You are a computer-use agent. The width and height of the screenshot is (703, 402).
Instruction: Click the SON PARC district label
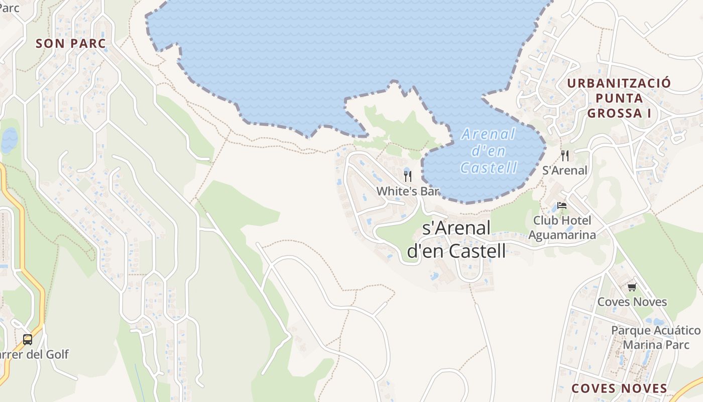coord(71,44)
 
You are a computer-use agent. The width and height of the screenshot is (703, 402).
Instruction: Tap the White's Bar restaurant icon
coord(408,176)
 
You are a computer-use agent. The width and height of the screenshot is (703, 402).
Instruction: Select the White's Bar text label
coord(408,191)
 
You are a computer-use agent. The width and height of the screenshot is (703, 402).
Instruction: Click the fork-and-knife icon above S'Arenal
coord(565,156)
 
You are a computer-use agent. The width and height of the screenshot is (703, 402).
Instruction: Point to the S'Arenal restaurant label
coord(565,170)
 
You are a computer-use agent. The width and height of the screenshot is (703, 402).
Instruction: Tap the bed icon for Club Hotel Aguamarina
coord(562,206)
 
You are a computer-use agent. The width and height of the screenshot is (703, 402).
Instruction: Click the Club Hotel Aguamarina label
coord(562,228)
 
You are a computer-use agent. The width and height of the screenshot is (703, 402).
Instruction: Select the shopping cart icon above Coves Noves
coord(632,287)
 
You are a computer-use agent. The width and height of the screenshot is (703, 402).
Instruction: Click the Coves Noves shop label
coord(632,302)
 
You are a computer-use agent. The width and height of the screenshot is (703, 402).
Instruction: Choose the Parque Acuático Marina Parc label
coord(655,338)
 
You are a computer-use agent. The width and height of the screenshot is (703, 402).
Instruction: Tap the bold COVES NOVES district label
coord(620,388)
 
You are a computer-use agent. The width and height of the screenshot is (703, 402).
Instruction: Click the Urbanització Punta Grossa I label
coord(619,98)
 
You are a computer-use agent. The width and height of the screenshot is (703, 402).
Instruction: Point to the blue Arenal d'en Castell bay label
coord(488,151)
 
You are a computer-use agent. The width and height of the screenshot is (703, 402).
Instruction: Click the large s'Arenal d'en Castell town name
coord(456,239)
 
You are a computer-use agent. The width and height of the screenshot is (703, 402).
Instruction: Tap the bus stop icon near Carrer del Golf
coord(28,340)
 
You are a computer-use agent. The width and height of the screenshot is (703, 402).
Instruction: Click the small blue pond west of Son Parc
coord(10,140)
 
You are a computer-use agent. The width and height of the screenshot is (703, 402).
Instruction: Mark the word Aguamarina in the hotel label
coord(562,235)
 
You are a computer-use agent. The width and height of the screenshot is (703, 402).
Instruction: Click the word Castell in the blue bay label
coord(488,167)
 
